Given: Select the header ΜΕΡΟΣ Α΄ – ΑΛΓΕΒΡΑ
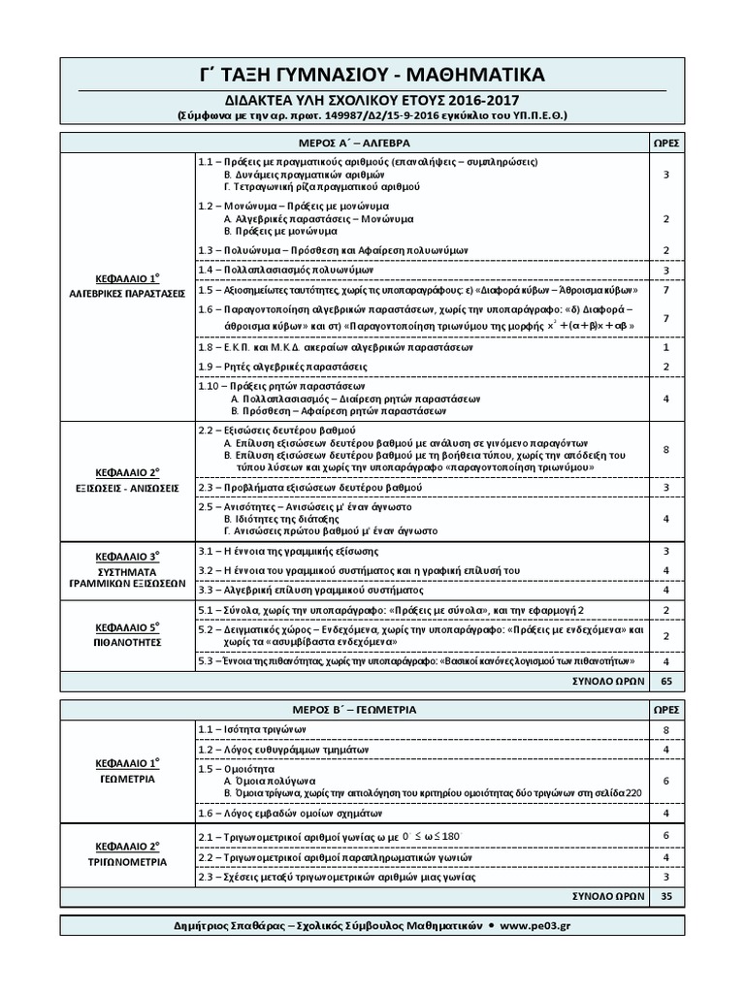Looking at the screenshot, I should [x=355, y=142].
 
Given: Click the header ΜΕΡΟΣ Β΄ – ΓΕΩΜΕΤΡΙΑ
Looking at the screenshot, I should [x=355, y=709].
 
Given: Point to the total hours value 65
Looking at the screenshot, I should [x=665, y=682].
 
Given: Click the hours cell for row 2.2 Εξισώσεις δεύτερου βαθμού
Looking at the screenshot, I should [x=665, y=449].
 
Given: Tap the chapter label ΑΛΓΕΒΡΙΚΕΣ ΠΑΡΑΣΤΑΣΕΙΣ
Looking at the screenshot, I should [x=128, y=292].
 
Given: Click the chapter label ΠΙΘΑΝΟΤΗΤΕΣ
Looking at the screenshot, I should [x=128, y=642].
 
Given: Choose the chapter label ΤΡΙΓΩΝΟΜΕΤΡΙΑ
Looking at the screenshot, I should [x=128, y=862].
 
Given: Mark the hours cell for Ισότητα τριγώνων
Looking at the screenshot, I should [x=665, y=729].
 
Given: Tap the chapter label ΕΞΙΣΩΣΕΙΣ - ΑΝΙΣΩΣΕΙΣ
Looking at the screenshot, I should [x=128, y=489].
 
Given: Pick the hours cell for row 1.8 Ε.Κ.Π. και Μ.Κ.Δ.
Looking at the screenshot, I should [x=665, y=347].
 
